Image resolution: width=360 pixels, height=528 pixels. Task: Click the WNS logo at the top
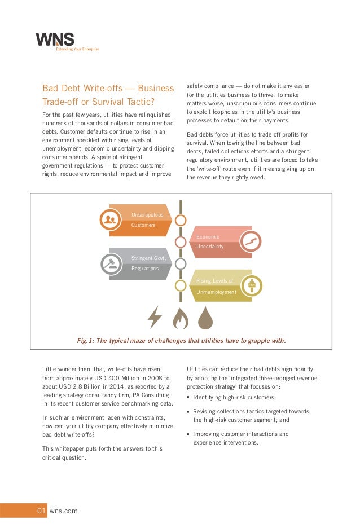click(55, 39)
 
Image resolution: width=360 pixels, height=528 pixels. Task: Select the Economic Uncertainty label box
click(217, 241)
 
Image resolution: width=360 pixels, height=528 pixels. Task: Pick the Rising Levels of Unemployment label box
click(217, 286)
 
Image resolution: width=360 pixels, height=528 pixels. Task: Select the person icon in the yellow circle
click(252, 285)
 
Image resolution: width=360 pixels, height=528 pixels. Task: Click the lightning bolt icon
click(155, 317)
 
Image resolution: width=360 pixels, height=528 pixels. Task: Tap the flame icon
click(180, 318)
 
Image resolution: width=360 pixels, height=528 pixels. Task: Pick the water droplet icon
click(205, 318)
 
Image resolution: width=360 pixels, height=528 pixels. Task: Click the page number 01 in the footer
click(41, 511)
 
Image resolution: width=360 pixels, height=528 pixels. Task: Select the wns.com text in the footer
click(64, 511)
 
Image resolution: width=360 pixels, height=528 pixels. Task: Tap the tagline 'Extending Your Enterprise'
click(77, 49)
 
